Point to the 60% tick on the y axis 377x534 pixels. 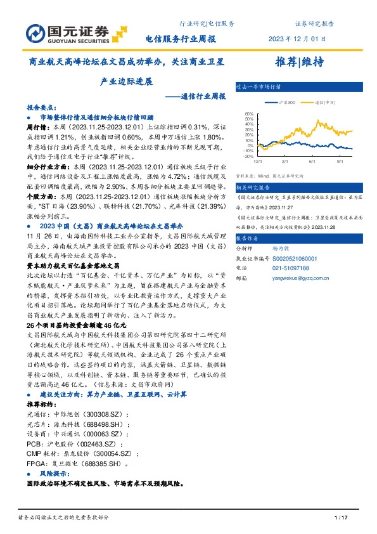click(249, 115)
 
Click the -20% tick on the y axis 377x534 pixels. click(249, 156)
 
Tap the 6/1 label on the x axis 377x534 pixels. click(313, 162)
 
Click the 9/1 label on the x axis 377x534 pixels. click(340, 162)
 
